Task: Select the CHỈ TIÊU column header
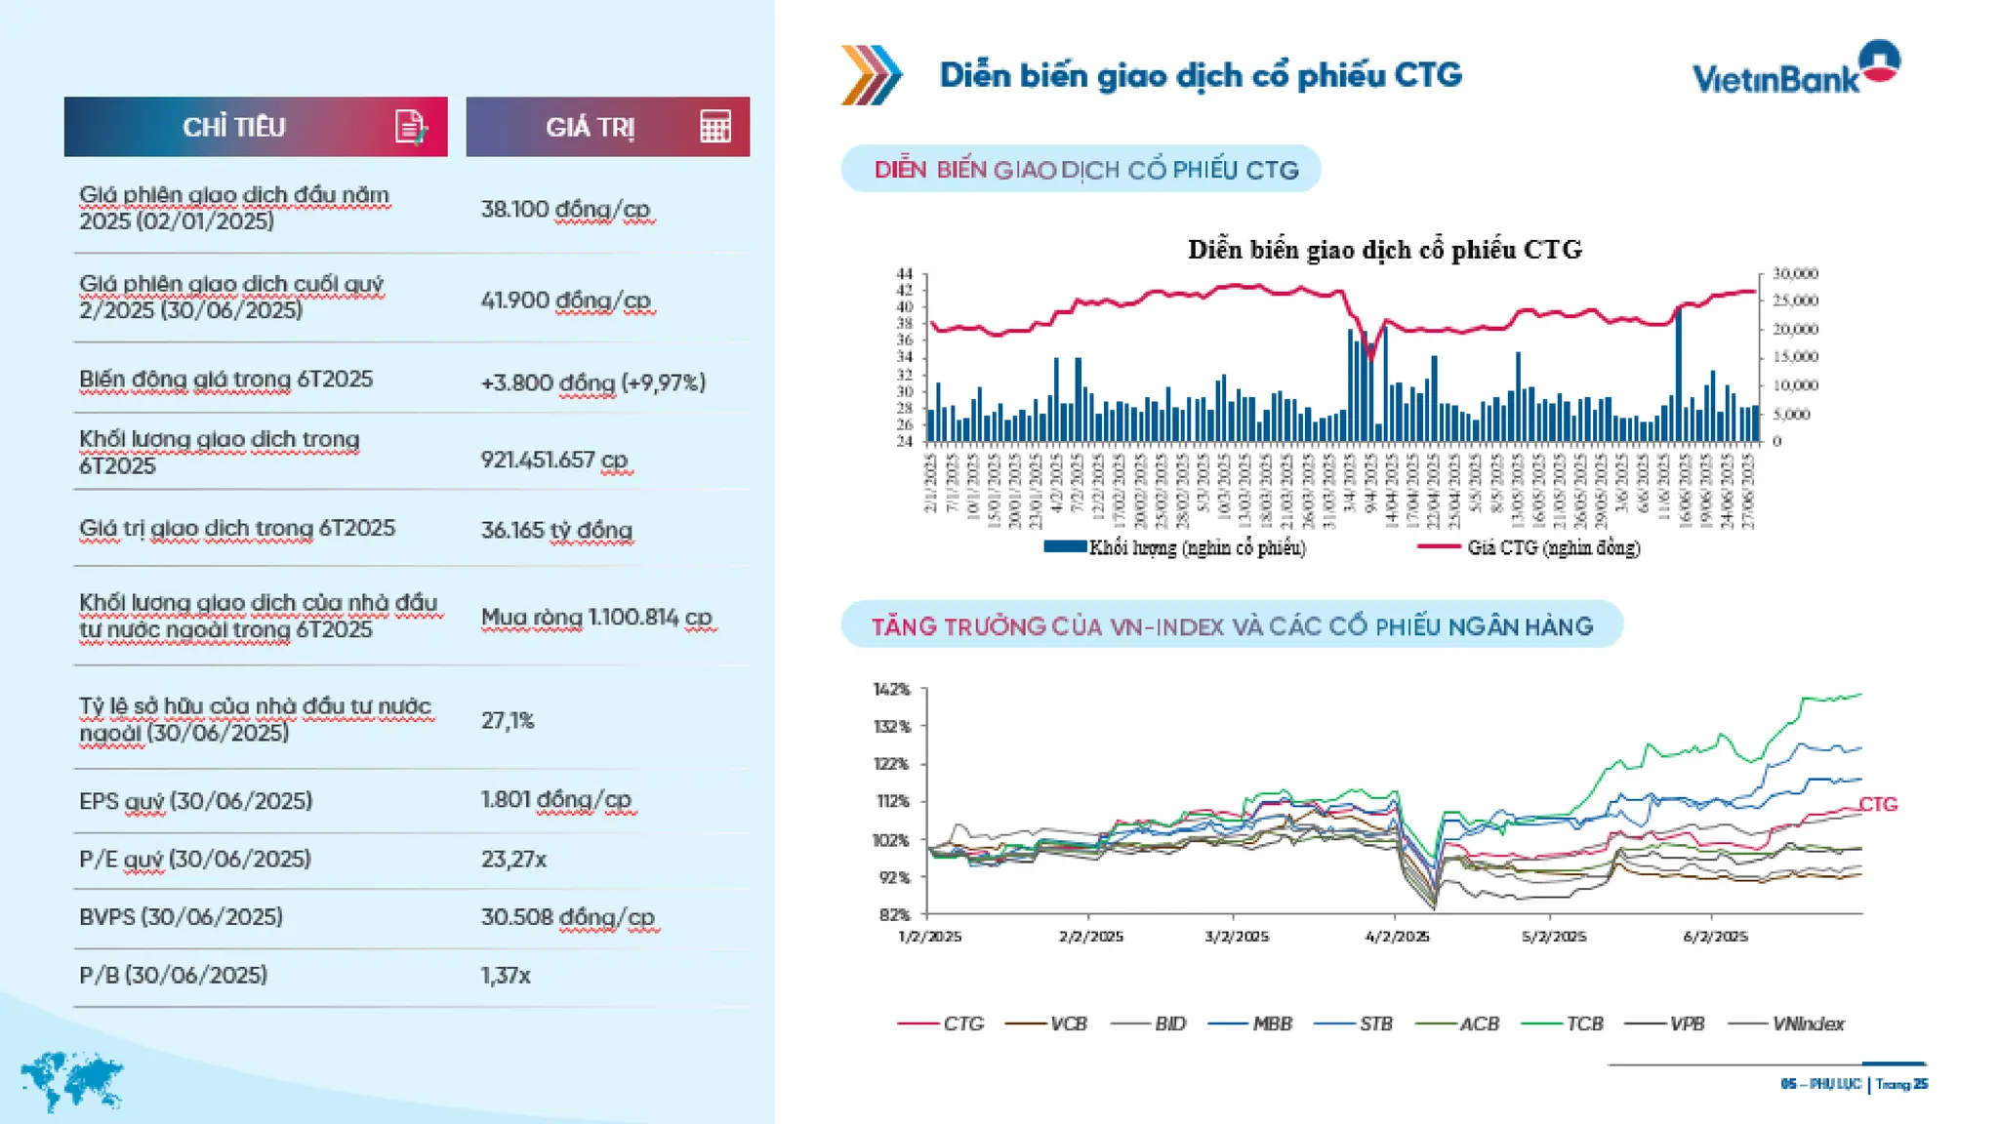click(234, 127)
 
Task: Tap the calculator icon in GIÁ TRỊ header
click(715, 127)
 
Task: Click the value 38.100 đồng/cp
click(565, 210)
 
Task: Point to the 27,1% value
click(508, 721)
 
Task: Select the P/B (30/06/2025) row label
click(173, 975)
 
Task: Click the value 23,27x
click(513, 860)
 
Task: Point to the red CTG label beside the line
click(1878, 804)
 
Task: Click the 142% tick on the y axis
click(891, 690)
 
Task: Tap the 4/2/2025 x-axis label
click(1397, 937)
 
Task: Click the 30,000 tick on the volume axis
click(1795, 274)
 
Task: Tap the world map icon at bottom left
click(70, 1081)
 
